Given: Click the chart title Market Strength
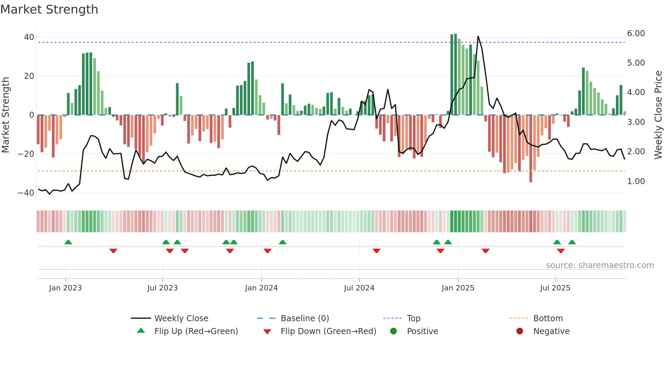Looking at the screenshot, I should (49, 9).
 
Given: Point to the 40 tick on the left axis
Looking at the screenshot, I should (29, 37).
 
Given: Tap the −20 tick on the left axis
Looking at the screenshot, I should (26, 154).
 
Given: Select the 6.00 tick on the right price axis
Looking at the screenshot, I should (636, 34).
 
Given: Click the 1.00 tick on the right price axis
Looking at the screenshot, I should (636, 181).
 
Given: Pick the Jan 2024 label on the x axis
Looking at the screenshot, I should (261, 288).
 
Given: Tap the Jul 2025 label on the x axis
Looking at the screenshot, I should (555, 288).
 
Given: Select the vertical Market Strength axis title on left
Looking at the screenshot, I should (5, 115).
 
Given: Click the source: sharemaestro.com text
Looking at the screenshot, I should (600, 265).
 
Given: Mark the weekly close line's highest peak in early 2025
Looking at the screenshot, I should (478, 36).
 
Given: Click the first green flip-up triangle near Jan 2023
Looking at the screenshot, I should (68, 242).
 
